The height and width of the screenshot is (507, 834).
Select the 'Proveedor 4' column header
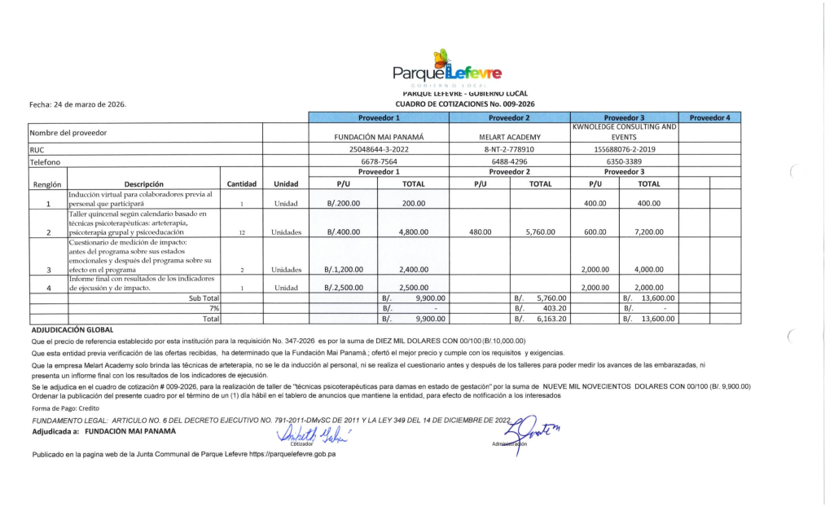point(709,117)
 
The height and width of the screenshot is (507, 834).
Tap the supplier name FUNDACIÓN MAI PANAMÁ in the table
point(375,136)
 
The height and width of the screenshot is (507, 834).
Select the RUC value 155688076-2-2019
point(625,150)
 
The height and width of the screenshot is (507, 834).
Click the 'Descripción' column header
point(143,184)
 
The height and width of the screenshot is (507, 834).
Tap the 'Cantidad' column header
point(242,184)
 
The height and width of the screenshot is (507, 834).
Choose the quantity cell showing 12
point(242,232)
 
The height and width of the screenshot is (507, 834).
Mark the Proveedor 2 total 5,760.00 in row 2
point(540,232)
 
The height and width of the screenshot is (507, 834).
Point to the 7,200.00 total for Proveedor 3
point(648,232)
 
